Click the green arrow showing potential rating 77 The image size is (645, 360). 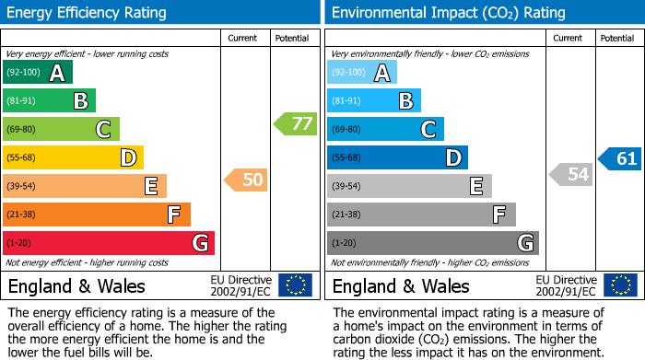[x=296, y=123]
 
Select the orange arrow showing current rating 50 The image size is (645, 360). [x=246, y=180]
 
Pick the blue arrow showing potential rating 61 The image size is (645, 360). [x=620, y=159]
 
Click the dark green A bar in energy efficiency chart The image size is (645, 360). [x=38, y=73]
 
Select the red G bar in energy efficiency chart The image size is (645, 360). [x=109, y=243]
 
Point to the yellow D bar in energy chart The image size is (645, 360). [x=73, y=158]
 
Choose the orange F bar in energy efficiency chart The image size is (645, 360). [x=97, y=215]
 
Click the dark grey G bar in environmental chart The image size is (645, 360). [x=432, y=243]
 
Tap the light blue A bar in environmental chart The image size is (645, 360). [x=362, y=73]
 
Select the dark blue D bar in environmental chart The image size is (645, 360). [x=397, y=158]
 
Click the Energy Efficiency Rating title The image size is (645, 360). [x=88, y=13]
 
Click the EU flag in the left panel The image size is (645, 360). [x=296, y=285]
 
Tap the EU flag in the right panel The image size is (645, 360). [x=620, y=285]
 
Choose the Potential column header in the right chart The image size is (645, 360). [x=617, y=38]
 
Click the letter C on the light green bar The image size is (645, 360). [x=104, y=130]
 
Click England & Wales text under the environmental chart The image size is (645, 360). [x=401, y=285]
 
